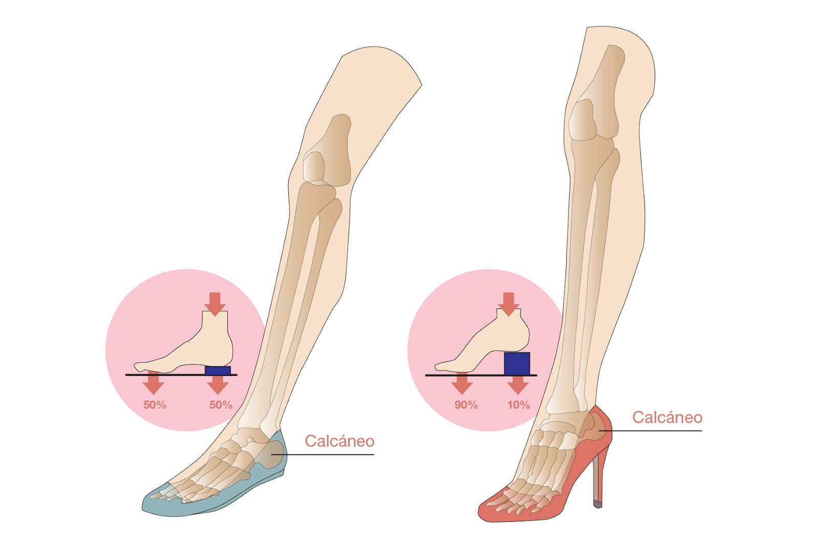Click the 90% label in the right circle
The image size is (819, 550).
pyautogui.click(x=466, y=405)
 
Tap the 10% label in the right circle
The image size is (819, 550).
pyautogui.click(x=518, y=405)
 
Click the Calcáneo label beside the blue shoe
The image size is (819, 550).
pyautogui.click(x=339, y=441)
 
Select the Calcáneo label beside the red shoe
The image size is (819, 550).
pyautogui.click(x=667, y=417)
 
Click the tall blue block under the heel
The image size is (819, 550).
pyautogui.click(x=516, y=363)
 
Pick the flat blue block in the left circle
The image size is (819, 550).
pyautogui.click(x=218, y=370)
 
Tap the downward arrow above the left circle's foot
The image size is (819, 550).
pyautogui.click(x=215, y=303)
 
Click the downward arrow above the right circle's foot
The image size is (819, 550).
pyautogui.click(x=508, y=303)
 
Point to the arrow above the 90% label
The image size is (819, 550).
pyautogui.click(x=462, y=384)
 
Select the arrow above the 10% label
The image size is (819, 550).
pyautogui.click(x=518, y=384)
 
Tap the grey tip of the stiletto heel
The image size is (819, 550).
pyautogui.click(x=597, y=503)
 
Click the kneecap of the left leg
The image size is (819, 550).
pyautogui.click(x=314, y=166)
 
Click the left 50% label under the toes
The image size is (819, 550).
pyautogui.click(x=155, y=405)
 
